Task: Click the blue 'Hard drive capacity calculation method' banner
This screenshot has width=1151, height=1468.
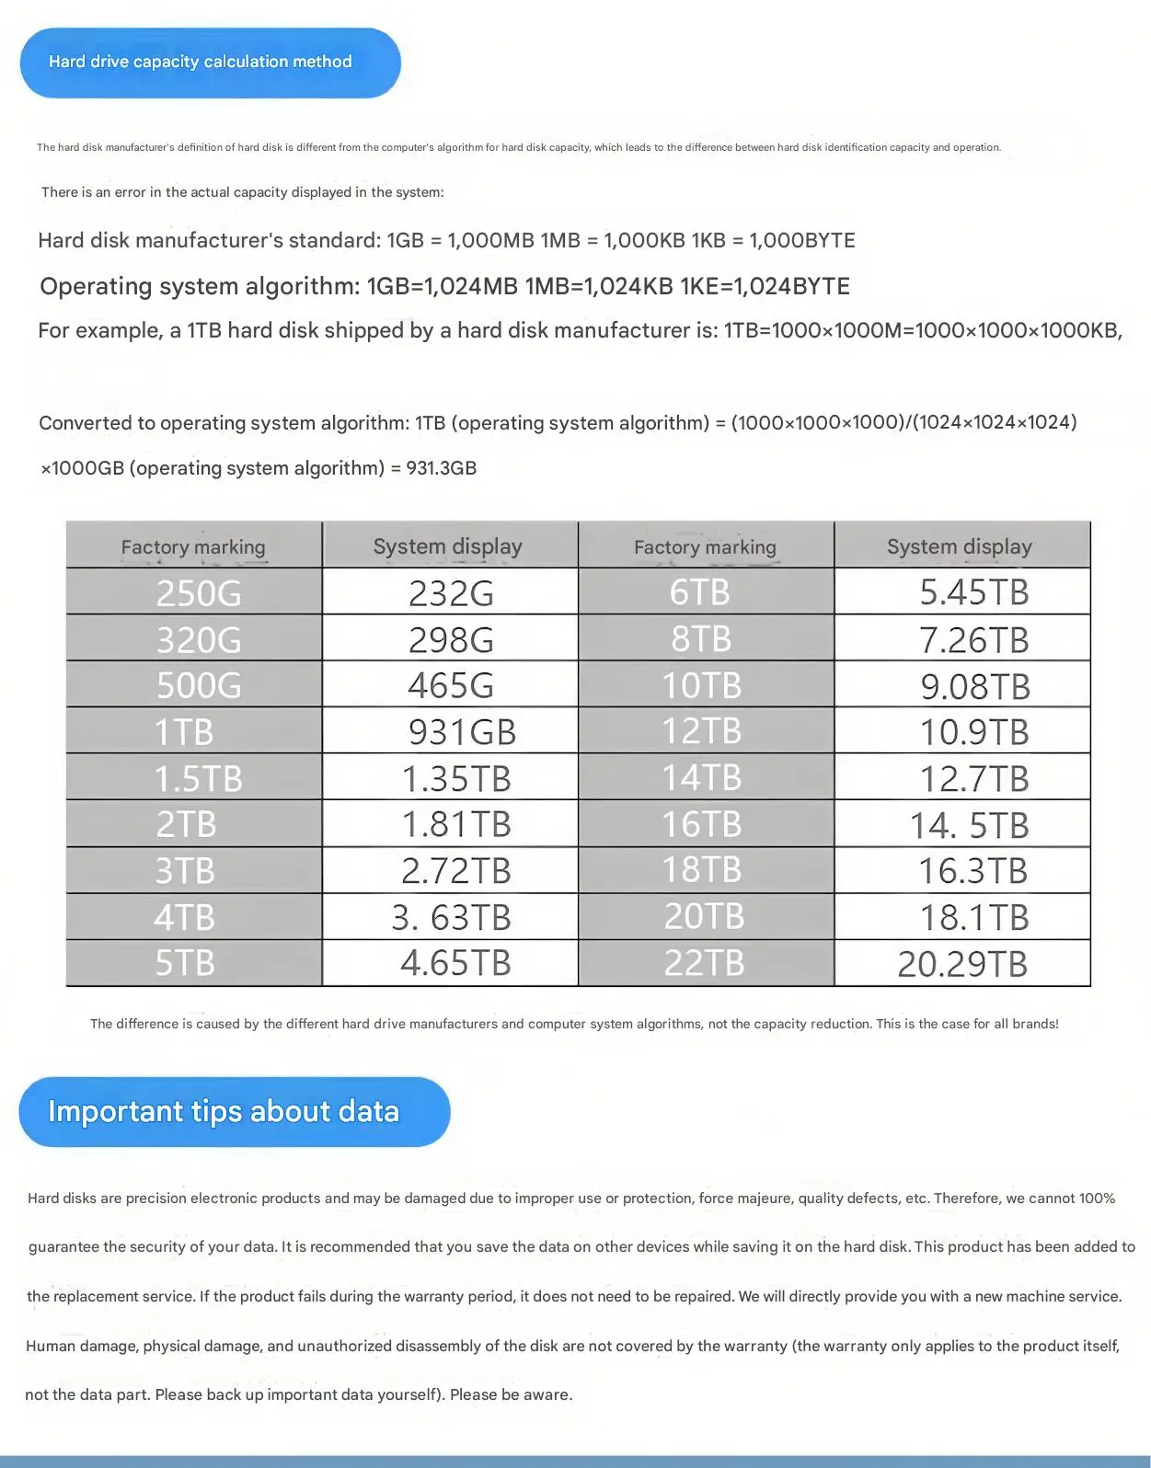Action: click(210, 63)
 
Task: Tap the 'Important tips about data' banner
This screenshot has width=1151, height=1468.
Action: click(234, 1111)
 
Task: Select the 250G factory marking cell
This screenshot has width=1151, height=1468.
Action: click(194, 592)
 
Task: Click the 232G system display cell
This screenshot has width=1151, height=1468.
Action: click(451, 592)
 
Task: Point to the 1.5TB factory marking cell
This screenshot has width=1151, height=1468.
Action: click(194, 778)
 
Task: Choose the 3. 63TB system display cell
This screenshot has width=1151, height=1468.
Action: click(451, 917)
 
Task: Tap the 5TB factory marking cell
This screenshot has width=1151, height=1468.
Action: click(194, 963)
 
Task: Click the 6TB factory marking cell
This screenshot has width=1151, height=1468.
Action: click(706, 592)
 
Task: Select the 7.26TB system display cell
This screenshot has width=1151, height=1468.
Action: click(962, 639)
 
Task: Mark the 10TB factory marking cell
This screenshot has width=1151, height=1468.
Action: click(706, 685)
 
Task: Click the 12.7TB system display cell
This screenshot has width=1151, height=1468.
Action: click(962, 778)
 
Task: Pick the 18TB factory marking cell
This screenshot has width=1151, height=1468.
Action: click(706, 870)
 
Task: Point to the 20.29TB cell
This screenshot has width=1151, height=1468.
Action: click(962, 963)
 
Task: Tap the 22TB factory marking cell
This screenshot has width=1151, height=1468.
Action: click(706, 963)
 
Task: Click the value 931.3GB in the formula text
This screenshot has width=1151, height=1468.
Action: click(442, 468)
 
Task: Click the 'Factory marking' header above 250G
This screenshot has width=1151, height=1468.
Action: click(193, 547)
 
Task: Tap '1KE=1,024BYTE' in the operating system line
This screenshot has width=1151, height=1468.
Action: click(765, 286)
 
